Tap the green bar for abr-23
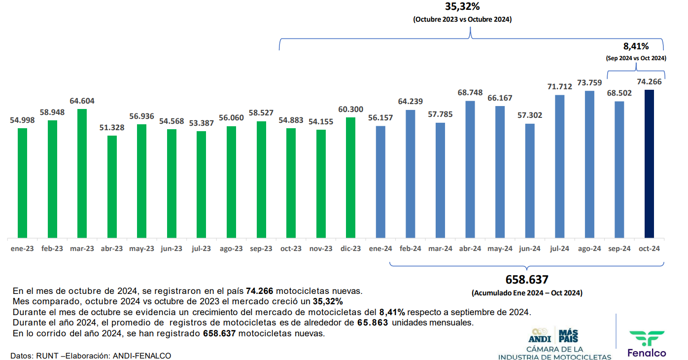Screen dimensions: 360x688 [x=112, y=187]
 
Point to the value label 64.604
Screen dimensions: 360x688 [x=82, y=101]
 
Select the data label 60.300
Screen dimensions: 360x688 [x=350, y=109]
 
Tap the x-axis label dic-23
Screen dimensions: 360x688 [x=350, y=249]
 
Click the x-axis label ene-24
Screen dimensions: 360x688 [x=380, y=249]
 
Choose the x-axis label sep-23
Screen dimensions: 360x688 [x=261, y=249]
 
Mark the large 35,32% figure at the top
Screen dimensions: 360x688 [x=462, y=7]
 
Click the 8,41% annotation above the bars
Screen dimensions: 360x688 [x=636, y=46]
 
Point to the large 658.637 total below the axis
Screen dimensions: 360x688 [x=527, y=280]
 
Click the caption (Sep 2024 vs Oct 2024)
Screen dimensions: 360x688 [x=636, y=58]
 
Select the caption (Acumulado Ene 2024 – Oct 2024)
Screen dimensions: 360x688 [x=527, y=293]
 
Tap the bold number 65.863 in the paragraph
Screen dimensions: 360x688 [x=373, y=323]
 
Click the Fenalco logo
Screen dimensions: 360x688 [x=647, y=343]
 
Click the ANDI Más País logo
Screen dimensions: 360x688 [x=554, y=335]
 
